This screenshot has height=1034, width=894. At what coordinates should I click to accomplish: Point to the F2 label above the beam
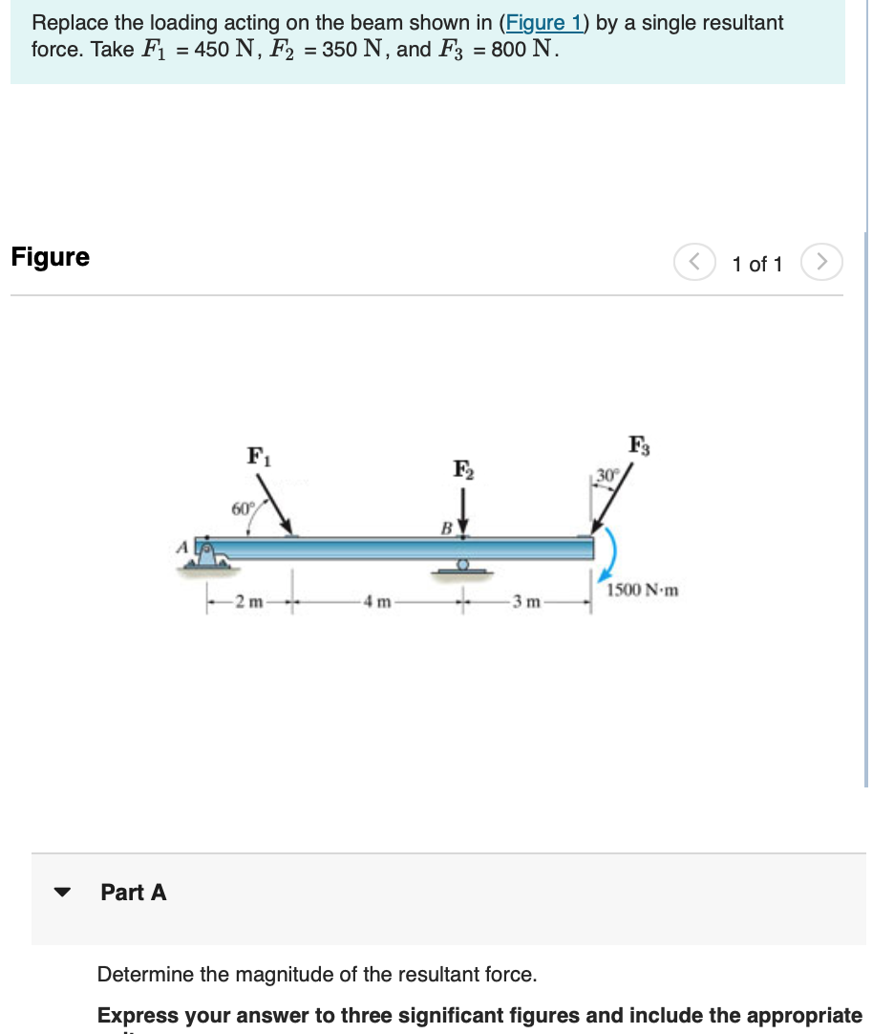pos(463,469)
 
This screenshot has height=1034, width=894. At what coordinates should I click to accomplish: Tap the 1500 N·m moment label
pos(642,590)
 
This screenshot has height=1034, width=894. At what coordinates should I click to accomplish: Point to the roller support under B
pos(463,568)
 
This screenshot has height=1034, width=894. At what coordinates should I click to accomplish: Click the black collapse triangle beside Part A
pos(63,893)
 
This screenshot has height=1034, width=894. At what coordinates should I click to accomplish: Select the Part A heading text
pos(134,893)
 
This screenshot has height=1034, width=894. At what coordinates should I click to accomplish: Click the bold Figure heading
pos(51,257)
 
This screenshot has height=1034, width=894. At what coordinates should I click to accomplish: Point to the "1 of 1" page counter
pos(757,264)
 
